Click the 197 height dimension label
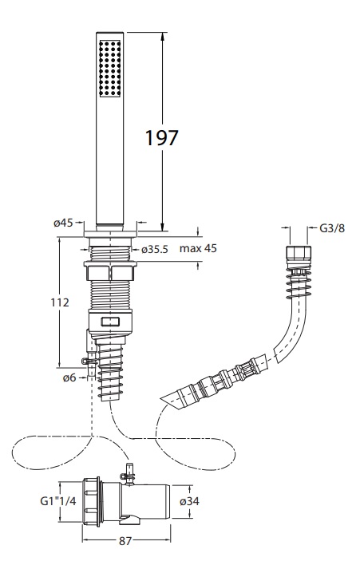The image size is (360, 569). click(162, 138)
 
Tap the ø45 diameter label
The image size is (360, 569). click(63, 223)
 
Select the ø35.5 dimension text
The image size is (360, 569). click(155, 250)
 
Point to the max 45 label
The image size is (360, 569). click(198, 248)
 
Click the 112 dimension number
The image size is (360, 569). click(60, 302)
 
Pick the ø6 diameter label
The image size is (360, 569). click(69, 377)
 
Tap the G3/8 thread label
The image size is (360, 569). click(332, 228)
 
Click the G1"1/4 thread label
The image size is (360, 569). click(58, 501)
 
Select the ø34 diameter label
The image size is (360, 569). click(190, 501)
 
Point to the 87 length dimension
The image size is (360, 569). click(125, 541)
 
